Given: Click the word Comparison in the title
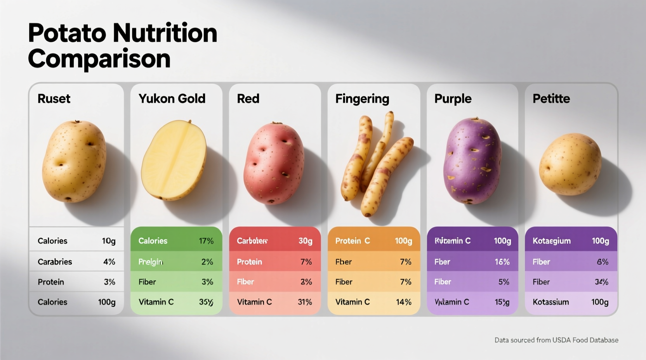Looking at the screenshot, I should click(99, 59).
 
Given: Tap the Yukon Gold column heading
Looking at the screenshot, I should click(172, 99).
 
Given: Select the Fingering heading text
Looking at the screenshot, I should click(362, 99).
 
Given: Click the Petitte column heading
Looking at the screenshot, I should click(551, 99).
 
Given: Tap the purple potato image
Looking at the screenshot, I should click(472, 161).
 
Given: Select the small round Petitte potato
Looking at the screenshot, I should click(570, 164).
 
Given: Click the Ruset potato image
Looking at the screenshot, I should click(74, 161).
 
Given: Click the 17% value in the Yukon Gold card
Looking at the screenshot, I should click(206, 241).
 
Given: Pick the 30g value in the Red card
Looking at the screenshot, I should click(305, 241).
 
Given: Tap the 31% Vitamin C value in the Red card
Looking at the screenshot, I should click(305, 302).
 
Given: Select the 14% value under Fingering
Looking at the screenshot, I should click(403, 302).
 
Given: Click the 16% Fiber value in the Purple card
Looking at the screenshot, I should click(502, 262).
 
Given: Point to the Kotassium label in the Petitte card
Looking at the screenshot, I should click(550, 302).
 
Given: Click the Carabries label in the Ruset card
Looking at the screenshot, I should click(55, 262).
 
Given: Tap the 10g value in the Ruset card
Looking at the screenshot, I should click(109, 241).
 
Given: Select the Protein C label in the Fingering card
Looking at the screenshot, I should click(353, 241).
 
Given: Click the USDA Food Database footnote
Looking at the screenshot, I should click(556, 340).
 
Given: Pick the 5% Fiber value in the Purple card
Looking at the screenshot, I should click(504, 282).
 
